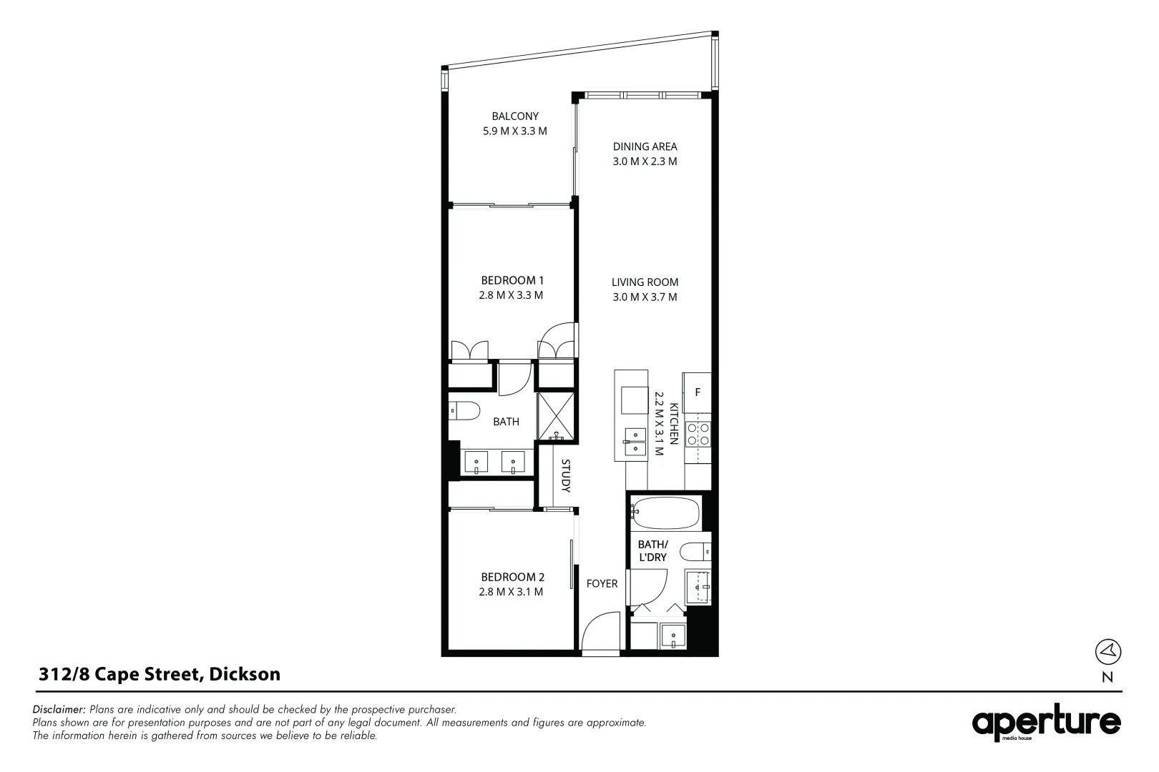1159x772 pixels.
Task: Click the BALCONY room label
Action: tap(515, 117)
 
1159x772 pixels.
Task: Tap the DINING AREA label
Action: tap(645, 147)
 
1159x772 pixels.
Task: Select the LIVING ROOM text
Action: tap(645, 282)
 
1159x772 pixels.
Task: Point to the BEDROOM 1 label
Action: tap(512, 281)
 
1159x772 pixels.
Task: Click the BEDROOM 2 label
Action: tap(512, 577)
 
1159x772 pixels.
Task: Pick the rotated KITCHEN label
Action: tap(674, 423)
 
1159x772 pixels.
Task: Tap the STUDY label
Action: tap(565, 476)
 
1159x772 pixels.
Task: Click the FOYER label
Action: tap(602, 584)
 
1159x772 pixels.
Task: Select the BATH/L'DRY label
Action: tap(653, 551)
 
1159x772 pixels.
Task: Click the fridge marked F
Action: tap(697, 392)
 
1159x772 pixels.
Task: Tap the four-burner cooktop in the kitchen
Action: tap(698, 435)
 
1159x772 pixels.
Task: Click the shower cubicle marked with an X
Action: tap(556, 417)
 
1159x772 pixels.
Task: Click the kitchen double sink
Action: tap(635, 442)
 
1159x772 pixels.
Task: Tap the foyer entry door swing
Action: tap(600, 633)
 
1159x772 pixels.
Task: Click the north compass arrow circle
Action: tap(1107, 652)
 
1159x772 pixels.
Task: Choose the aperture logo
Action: tap(1046, 723)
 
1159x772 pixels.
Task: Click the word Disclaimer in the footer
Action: tap(59, 709)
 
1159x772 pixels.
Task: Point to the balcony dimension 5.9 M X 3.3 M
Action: tap(515, 132)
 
